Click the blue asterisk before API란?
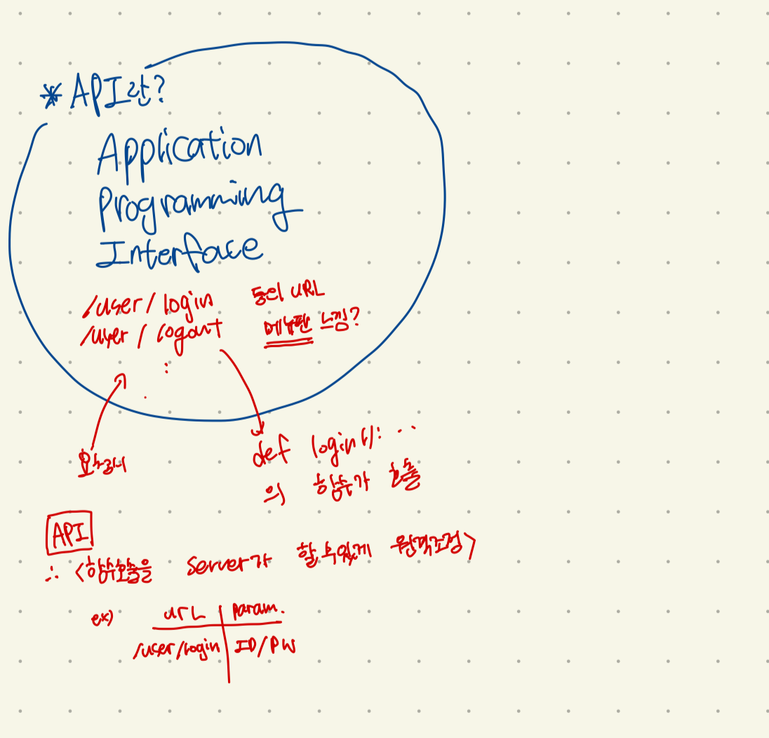[52, 96]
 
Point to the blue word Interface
[179, 250]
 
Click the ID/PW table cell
[265, 646]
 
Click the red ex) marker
[102, 619]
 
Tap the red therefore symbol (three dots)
[51, 577]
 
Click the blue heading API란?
[118, 93]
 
